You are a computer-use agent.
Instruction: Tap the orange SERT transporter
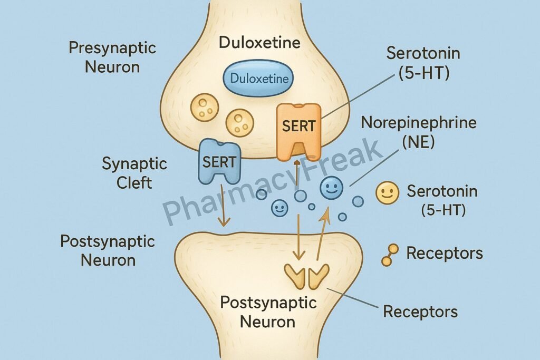point(298,130)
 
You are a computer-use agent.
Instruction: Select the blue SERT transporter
point(220,161)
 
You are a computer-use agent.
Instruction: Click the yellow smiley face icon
point(387,193)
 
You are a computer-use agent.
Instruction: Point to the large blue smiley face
point(332,188)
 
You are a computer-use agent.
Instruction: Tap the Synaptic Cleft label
point(134,173)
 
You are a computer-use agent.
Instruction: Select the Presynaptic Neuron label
point(112,57)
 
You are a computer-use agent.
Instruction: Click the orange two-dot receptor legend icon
point(390,254)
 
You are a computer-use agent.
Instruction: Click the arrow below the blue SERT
point(224,206)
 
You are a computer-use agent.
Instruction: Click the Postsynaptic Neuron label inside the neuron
point(268,312)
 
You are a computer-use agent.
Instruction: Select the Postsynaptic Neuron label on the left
point(107,250)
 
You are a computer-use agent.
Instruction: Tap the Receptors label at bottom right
point(420,311)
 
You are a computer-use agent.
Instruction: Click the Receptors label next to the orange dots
point(445,254)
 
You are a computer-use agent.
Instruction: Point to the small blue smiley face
point(279,208)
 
